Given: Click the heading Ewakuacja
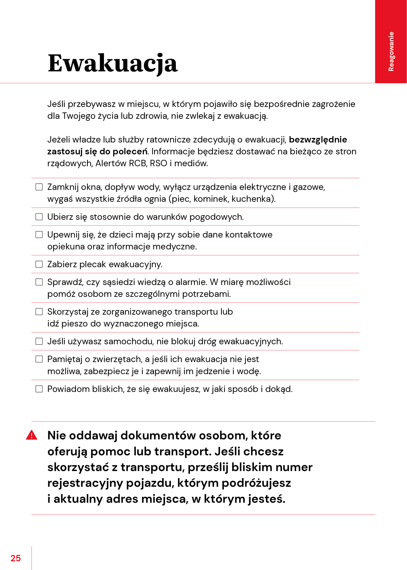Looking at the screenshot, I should point(113,63).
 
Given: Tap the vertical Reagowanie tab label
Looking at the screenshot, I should point(391,52).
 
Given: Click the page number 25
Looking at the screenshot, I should point(15,558).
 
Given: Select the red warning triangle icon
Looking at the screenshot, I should point(32,435).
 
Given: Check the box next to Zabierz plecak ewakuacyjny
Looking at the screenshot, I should point(39,264).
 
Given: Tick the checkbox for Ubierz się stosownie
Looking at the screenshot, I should point(39,217).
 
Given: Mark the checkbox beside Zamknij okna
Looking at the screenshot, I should point(39,187).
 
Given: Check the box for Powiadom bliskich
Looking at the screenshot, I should point(39,389).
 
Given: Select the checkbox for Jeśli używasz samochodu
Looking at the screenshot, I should point(39,341).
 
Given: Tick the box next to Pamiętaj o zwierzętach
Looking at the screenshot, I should point(39,359).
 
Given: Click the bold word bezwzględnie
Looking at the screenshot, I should point(318,140).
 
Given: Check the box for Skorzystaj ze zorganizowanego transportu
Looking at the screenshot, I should point(39,312).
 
